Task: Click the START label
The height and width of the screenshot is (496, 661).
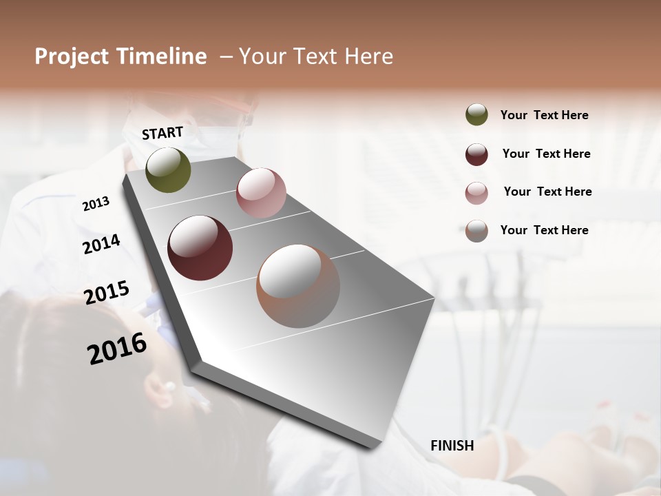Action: pos(162,133)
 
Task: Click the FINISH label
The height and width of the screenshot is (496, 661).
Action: pos(452,446)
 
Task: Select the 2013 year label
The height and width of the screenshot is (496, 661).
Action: pos(96,204)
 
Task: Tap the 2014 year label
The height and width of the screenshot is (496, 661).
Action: pos(101,244)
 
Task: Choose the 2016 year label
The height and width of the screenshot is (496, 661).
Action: pos(117,348)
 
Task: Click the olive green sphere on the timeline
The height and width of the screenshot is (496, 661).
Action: pos(168,170)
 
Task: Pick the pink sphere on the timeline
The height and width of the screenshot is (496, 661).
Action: pos(261,192)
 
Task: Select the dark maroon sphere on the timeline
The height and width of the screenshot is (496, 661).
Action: pos(200,248)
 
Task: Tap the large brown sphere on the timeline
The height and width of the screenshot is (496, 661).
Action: pos(298,286)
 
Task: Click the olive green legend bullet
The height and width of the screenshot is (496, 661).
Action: pos(476,115)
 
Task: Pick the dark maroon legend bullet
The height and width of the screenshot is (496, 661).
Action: pos(476,154)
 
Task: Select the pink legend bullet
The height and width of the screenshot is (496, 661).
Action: pos(476,192)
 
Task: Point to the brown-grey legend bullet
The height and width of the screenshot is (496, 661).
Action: pos(476,230)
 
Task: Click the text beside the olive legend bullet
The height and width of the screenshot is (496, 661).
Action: pos(544,115)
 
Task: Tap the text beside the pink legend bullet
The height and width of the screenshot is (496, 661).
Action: pos(547,192)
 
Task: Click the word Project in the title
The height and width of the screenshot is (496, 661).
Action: pos(72,56)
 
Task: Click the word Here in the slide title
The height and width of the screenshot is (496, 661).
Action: pos(368,56)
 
